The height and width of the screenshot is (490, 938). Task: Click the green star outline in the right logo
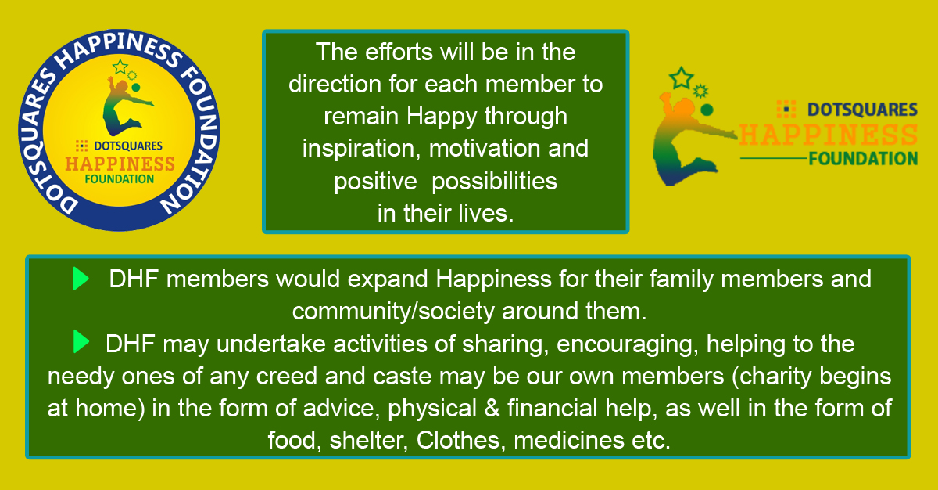(x=681, y=78)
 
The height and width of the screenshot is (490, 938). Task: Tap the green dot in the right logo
(x=707, y=110)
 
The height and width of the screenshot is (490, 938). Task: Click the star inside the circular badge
(x=120, y=67)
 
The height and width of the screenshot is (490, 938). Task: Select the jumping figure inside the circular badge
(x=126, y=106)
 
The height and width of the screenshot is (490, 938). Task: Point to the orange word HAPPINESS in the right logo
(x=828, y=135)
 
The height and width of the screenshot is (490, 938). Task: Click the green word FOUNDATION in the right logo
(x=863, y=159)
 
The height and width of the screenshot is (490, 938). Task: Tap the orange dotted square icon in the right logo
(x=786, y=110)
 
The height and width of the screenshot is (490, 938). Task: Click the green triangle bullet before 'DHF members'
(x=81, y=279)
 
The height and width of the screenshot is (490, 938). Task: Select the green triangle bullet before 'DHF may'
(x=81, y=341)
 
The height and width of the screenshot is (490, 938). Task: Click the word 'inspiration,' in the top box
(x=361, y=150)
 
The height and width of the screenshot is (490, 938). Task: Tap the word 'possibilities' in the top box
(x=494, y=182)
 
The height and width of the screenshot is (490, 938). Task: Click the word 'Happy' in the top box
(x=442, y=117)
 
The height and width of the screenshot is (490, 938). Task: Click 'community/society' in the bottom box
(x=393, y=312)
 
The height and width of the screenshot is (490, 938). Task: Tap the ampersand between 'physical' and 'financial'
(x=492, y=409)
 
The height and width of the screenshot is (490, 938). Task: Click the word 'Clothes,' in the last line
(x=460, y=440)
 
